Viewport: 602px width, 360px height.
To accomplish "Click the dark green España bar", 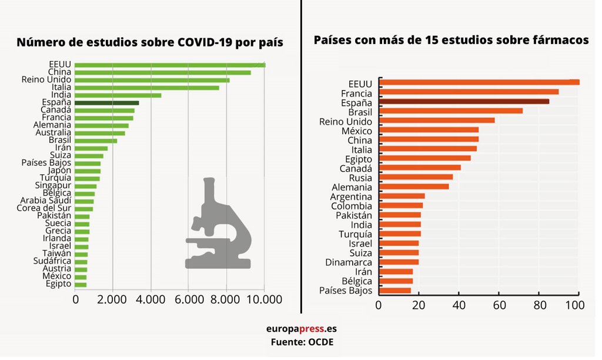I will (x=107, y=102).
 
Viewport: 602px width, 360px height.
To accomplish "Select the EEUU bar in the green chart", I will (x=170, y=64).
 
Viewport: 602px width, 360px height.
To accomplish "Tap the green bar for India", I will (x=118, y=95).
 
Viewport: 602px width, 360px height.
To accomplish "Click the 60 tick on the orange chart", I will (x=499, y=305).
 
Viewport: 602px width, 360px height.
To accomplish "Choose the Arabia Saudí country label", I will (x=45, y=201).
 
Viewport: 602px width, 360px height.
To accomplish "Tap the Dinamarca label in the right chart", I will (x=349, y=262).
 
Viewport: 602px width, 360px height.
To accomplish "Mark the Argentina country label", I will (x=351, y=196).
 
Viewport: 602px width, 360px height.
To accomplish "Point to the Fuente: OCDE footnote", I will (x=302, y=342).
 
